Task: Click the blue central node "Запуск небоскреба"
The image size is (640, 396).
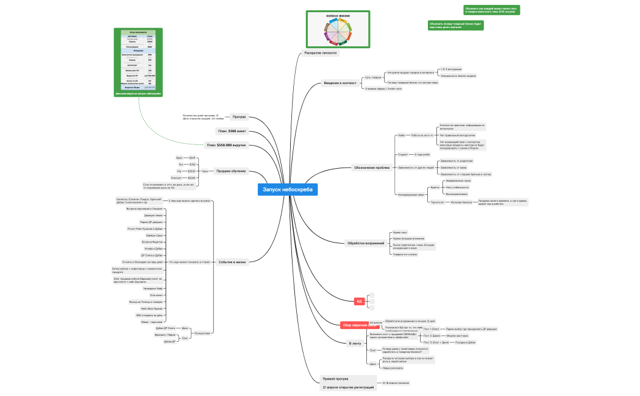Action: pos(288,190)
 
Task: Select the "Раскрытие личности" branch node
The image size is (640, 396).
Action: pos(321,53)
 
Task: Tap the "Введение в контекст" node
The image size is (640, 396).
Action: pos(340,83)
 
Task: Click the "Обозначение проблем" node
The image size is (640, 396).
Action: pos(371,168)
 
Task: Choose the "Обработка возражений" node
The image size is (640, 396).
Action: pos(366,244)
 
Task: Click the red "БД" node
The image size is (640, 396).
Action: pos(359,301)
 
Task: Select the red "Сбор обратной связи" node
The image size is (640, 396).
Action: pos(356,325)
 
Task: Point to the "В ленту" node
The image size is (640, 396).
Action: pos(355,344)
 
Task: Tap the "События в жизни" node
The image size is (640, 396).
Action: pos(232,262)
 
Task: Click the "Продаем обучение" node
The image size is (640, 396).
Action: pos(231,171)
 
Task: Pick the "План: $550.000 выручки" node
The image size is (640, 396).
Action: pos(226,145)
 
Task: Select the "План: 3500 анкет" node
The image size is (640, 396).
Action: pos(232,130)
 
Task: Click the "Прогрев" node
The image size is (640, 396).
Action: pos(239,116)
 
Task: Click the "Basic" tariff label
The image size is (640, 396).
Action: pos(179,158)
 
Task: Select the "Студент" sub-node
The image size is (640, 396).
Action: pos(403,154)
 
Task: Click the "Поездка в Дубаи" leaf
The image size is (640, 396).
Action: pos(466,342)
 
